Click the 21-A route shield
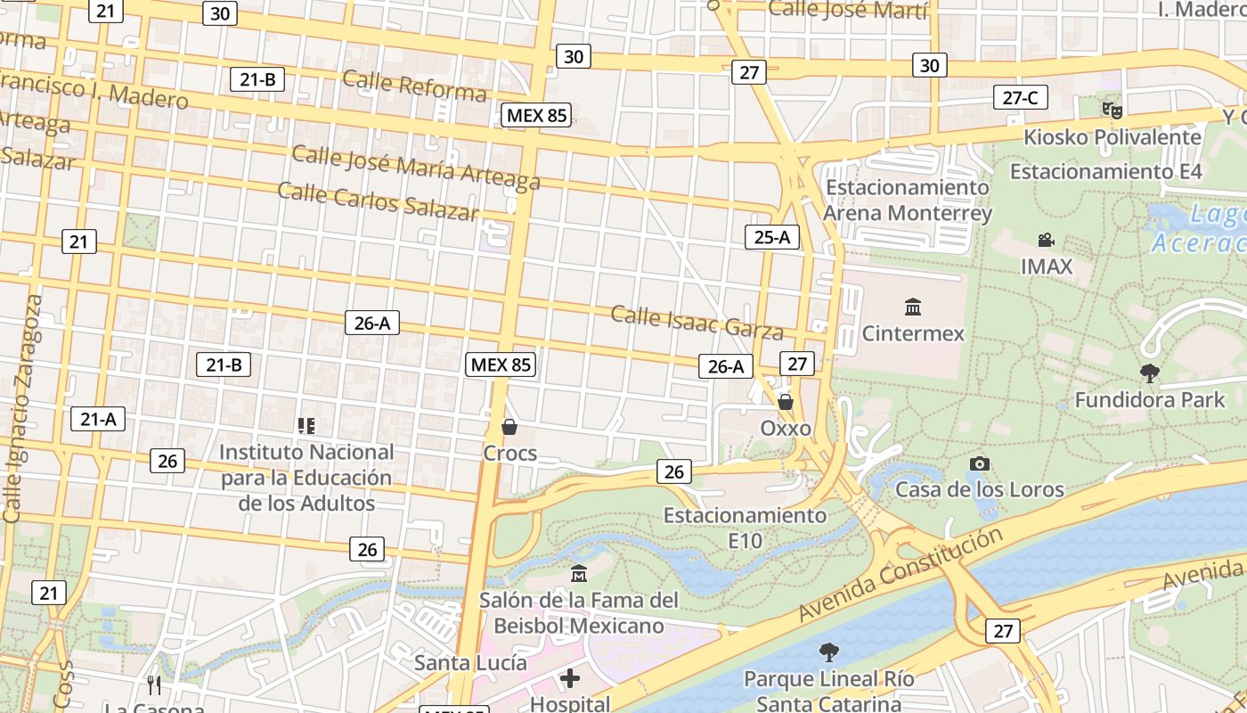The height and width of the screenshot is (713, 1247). point(98,419)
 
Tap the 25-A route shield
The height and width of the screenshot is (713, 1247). point(772,237)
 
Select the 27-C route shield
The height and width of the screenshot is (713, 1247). point(1020,98)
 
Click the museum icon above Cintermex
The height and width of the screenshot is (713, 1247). point(913,307)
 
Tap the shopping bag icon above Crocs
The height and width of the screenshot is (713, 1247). point(509,427)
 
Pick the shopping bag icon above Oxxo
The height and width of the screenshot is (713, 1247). point(786,402)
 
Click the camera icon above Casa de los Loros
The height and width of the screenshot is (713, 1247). point(979,463)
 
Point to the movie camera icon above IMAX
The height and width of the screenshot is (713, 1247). point(1047,240)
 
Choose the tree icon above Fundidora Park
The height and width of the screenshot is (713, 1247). point(1150,373)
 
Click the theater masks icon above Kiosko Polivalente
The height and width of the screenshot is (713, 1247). point(1112,111)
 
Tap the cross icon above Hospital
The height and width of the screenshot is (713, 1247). point(570,679)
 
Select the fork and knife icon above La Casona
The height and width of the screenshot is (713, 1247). point(154,684)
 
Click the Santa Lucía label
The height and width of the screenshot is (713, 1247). point(470,663)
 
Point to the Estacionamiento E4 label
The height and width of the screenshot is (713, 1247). point(1105,171)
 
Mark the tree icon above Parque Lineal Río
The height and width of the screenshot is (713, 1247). point(828,652)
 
